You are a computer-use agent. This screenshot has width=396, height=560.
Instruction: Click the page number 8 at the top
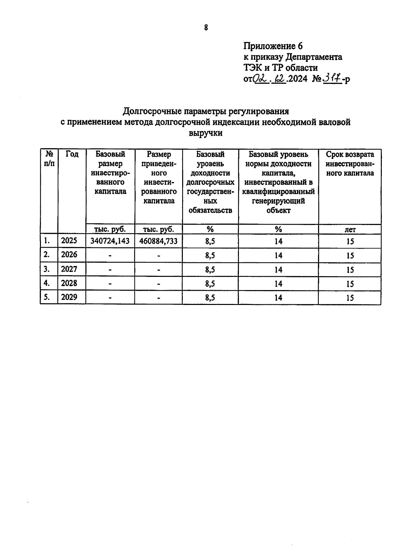(x=206, y=28)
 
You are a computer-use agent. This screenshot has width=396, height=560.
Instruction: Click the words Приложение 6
(x=273, y=46)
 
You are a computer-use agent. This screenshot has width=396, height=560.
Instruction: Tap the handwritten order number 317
(x=332, y=79)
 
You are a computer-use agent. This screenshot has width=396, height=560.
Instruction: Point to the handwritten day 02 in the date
(x=260, y=79)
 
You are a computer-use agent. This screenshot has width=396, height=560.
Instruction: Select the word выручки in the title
(x=206, y=133)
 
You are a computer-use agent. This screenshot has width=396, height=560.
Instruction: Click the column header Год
(x=72, y=154)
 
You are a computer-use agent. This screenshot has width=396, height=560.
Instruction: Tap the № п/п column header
(x=49, y=159)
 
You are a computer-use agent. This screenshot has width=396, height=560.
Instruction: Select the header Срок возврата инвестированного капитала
(x=350, y=164)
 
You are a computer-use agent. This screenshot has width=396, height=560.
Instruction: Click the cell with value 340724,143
(x=110, y=241)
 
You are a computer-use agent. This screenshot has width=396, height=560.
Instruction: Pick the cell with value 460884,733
(x=158, y=241)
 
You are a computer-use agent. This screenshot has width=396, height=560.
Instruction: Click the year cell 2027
(x=69, y=269)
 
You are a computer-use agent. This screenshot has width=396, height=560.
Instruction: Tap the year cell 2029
(x=69, y=297)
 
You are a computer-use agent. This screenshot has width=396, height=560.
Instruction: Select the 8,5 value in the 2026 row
(x=210, y=255)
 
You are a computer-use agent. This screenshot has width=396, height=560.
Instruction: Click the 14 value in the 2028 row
(x=278, y=283)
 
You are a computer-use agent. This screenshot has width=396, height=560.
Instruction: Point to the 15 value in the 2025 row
(x=350, y=242)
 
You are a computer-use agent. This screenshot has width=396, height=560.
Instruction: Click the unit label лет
(x=350, y=229)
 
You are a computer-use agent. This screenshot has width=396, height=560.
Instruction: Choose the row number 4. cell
(x=47, y=283)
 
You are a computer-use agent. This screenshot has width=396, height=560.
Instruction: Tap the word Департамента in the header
(x=314, y=57)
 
